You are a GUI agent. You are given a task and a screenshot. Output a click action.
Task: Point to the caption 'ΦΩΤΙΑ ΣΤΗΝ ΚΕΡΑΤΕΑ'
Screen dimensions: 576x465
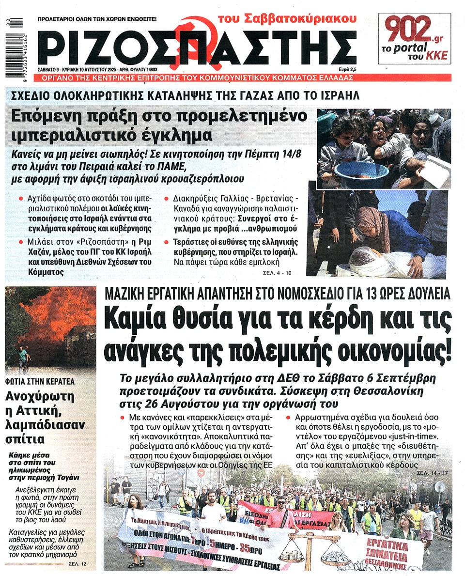click(40, 381)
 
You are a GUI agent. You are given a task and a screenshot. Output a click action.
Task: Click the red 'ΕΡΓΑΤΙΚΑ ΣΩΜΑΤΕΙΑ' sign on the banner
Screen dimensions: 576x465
click(397, 553)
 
